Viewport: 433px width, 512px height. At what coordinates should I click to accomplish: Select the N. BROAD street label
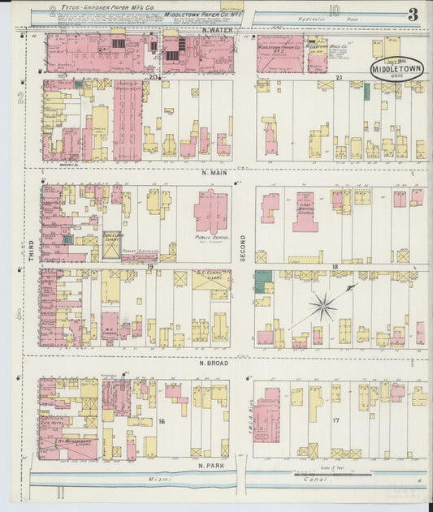pos(214,363)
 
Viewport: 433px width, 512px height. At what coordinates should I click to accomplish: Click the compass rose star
pos(323,306)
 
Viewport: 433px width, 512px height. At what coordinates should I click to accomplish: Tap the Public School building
pos(211,213)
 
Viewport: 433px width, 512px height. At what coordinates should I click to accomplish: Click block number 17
pos(336,420)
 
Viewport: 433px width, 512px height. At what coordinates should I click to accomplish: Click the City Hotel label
pos(54,421)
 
